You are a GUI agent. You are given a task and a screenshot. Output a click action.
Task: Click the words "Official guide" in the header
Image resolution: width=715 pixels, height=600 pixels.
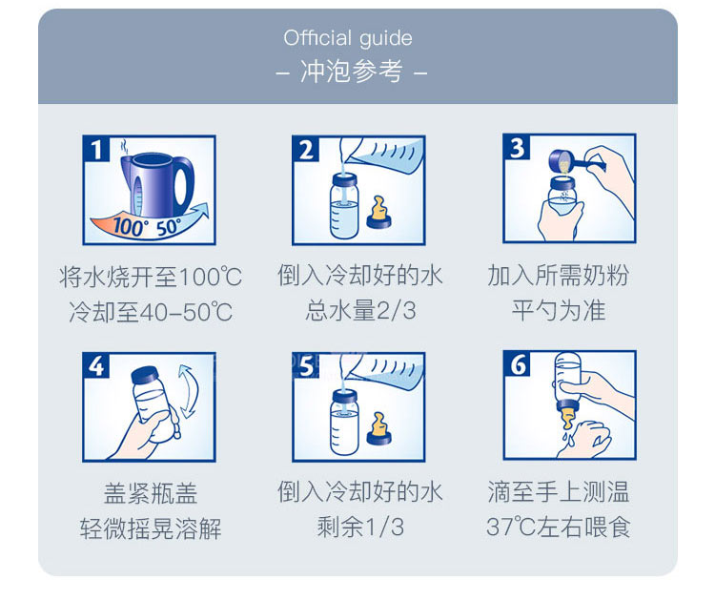click(348, 39)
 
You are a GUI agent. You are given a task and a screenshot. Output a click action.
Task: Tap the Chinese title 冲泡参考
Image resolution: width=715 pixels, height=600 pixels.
click(351, 72)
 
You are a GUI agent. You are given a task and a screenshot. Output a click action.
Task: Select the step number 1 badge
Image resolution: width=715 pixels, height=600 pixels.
click(96, 149)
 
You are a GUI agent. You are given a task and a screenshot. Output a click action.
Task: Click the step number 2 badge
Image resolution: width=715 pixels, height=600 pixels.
click(306, 149)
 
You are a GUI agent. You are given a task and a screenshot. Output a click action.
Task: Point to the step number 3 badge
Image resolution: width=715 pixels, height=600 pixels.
click(517, 147)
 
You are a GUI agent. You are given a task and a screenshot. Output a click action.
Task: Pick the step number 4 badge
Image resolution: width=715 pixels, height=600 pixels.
click(96, 365)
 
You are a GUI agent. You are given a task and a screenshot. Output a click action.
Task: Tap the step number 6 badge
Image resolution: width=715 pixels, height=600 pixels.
click(517, 363)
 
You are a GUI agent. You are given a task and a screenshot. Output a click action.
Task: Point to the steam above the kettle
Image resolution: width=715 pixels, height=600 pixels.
click(124, 147)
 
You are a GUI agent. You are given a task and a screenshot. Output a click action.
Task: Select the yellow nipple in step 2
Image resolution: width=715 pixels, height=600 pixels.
click(378, 213)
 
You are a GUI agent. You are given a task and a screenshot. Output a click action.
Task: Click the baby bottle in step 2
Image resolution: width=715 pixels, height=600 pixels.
click(344, 206)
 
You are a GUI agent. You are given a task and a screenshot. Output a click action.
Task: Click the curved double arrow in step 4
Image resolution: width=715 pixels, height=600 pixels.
click(191, 391)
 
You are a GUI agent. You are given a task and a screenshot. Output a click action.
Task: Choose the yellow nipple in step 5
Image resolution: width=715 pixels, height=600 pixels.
click(378, 429)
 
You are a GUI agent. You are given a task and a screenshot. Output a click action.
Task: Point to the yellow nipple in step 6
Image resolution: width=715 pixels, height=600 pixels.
click(568, 419)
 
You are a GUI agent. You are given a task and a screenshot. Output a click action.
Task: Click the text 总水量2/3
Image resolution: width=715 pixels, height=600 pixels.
click(360, 311)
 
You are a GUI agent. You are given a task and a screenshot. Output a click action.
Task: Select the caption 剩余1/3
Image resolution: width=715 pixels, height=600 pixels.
click(360, 527)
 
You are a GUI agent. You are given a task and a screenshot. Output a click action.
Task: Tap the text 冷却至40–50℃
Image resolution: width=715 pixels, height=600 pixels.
click(151, 312)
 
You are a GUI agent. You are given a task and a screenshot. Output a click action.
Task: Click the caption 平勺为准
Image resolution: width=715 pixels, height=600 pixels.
click(559, 311)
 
